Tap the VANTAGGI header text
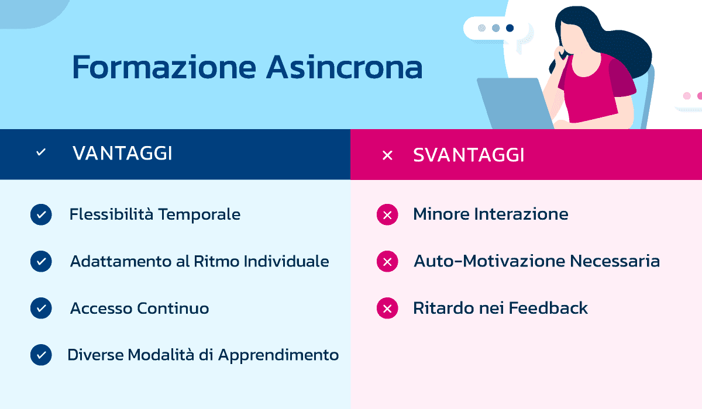point(122,154)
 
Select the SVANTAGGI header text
point(469,155)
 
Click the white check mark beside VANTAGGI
point(41,152)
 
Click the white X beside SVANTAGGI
point(387,155)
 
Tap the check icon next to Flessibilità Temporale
point(41,214)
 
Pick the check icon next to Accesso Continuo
point(41,308)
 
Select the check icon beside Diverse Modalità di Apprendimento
point(41,355)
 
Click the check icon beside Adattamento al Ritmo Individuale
point(41,261)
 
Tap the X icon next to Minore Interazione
point(387,215)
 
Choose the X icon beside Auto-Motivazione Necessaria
point(387,262)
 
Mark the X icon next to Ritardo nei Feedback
point(387,309)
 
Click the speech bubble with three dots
point(495,28)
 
